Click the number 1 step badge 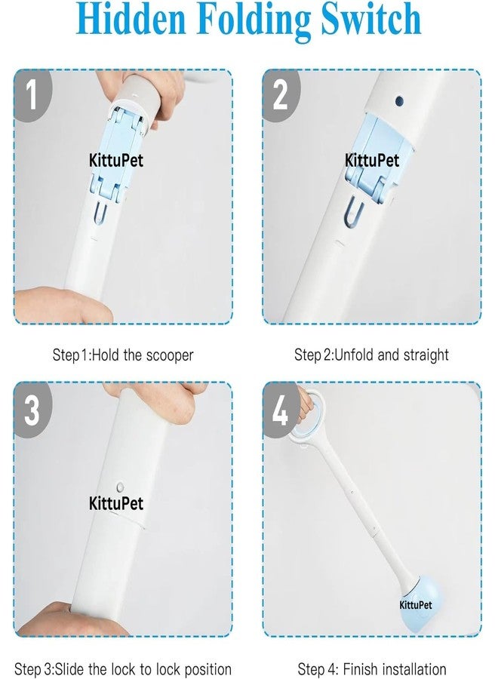click(32, 96)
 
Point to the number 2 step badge click(279, 96)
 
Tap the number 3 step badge click(32, 410)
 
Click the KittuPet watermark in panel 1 click(116, 161)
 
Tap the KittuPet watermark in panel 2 click(372, 161)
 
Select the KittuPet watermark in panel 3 click(116, 503)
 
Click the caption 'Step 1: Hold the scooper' click(122, 355)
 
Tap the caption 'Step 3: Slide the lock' click(122, 668)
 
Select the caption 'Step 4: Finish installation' click(372, 668)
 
